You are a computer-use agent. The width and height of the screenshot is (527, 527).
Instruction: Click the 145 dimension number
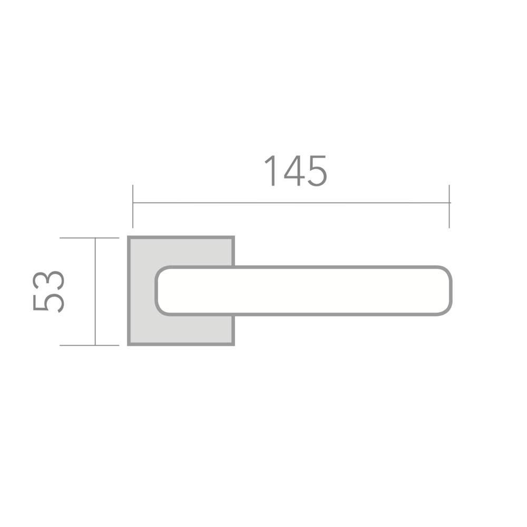coord(296,171)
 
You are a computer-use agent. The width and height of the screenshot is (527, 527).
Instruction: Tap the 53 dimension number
coord(48,291)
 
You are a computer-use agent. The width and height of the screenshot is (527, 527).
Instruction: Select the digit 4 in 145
coord(295,171)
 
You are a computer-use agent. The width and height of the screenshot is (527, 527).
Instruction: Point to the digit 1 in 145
coord(270,170)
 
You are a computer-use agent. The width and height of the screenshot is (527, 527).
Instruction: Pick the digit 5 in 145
coord(318,171)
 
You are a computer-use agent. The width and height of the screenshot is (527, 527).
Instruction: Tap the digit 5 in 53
coord(48,303)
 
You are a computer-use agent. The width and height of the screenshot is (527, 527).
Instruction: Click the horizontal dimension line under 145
coord(291,203)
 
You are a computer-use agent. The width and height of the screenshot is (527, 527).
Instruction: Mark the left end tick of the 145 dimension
coord(133,207)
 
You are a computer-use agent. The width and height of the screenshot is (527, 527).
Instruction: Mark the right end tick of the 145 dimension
coord(449,207)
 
